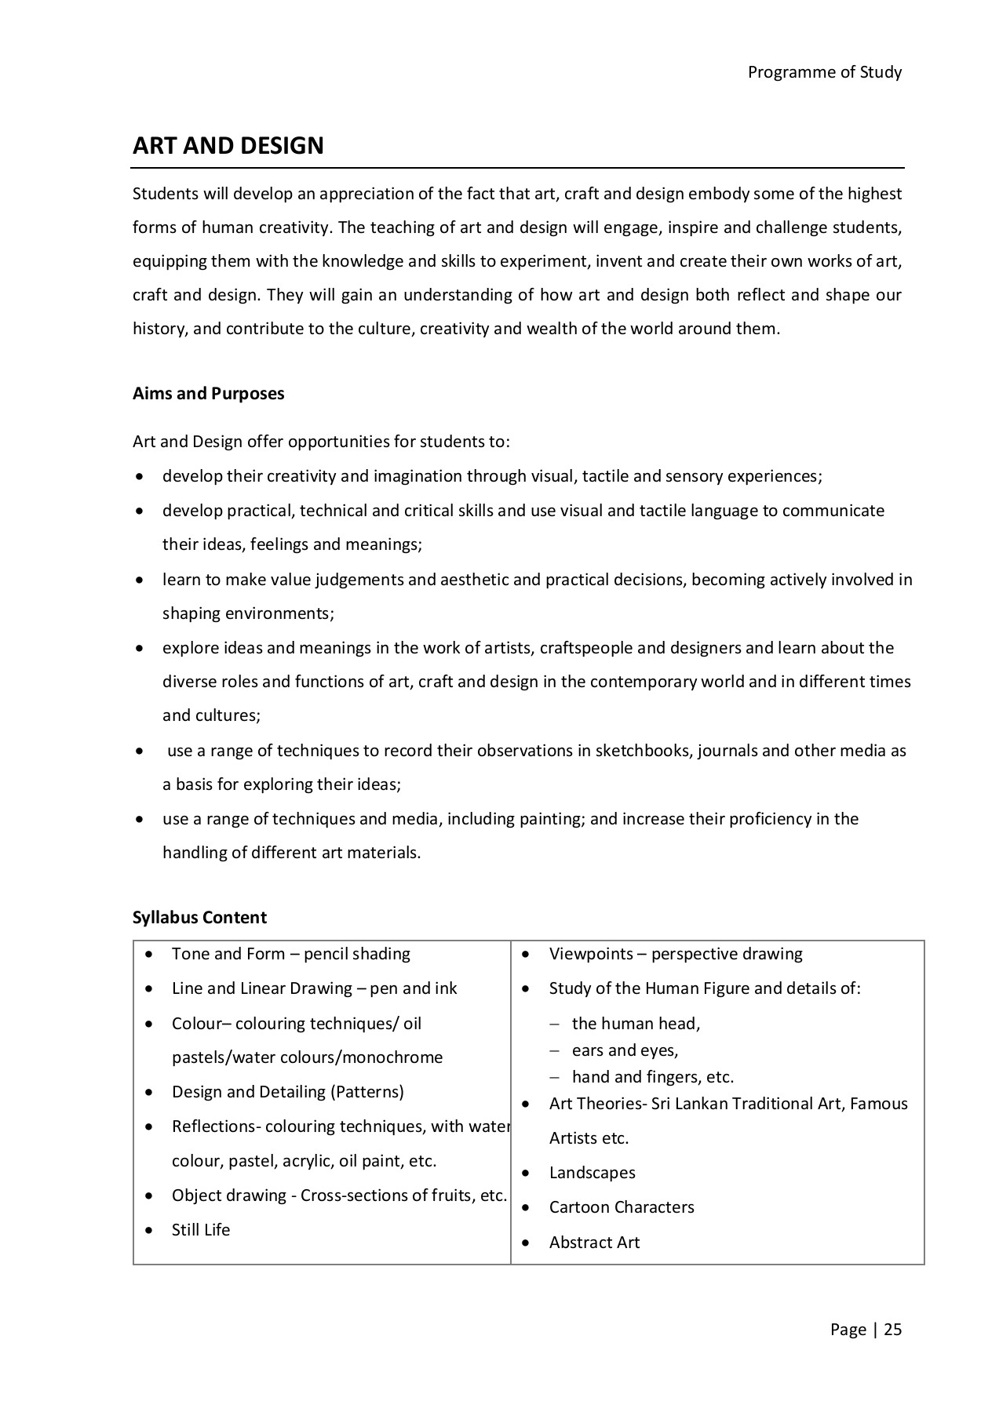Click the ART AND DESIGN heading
228,146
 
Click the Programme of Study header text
824,72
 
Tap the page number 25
893,1329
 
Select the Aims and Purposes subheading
208,394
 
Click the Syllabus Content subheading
199,918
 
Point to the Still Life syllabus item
201,1230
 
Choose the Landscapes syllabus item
592,1173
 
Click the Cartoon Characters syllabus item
622,1207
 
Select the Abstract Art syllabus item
594,1243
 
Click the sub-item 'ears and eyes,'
625,1050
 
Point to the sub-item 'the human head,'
636,1024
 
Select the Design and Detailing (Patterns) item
287,1092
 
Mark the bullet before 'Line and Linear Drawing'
149,989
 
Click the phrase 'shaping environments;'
248,613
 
